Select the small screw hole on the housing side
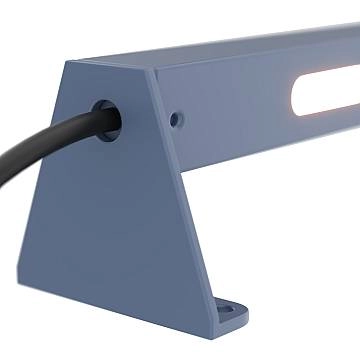point(176,119)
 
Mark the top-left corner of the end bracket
point(67,63)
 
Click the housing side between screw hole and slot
point(235,110)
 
